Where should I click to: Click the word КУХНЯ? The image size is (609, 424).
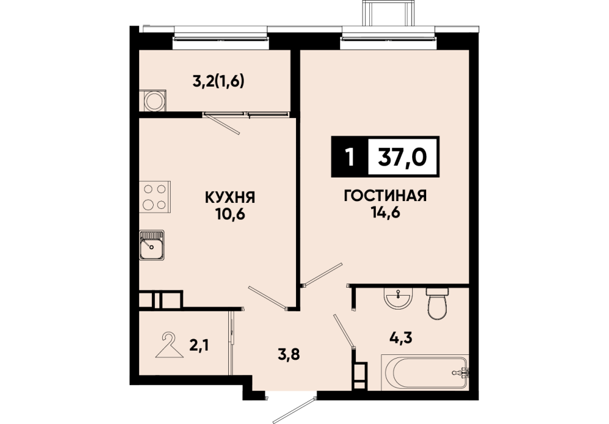coord(230,197)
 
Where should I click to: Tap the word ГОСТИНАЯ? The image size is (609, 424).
coord(385,196)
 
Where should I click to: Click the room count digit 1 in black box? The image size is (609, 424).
coord(351,157)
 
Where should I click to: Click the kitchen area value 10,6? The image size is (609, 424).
coord(230,214)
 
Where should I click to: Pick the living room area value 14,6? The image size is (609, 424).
coord(385,213)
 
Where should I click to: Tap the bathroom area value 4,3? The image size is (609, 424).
coord(401,337)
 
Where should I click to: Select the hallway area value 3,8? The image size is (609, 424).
coord(288,354)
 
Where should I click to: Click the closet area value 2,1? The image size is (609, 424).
coord(199,344)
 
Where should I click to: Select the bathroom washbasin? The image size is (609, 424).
coord(398,299)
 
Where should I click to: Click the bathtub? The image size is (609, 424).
coord(425,373)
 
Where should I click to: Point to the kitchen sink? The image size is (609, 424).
coord(152,245)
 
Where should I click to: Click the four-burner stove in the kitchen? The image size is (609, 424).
coord(155,197)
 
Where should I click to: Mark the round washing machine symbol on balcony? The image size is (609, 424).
coord(154,101)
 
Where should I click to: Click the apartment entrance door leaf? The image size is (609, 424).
coord(294,409)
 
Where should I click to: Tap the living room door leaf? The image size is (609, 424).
coord(323,274)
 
